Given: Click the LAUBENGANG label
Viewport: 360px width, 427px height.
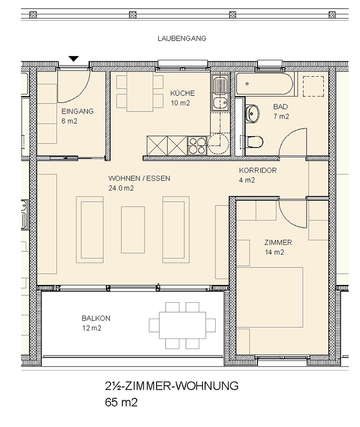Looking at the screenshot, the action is tap(182, 38).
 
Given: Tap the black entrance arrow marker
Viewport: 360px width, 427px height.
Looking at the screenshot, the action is tap(74, 59).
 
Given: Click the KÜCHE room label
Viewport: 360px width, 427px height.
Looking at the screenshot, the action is tap(182, 93).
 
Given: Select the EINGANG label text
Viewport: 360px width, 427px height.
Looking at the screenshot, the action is tap(77, 111).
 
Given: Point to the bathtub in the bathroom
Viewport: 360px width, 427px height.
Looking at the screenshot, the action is tap(264, 84).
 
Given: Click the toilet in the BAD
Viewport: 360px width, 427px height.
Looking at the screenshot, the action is tap(254, 142).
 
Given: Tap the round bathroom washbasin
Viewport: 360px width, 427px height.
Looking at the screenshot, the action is tap(252, 114).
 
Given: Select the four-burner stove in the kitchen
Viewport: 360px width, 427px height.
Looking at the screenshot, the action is tap(197, 146).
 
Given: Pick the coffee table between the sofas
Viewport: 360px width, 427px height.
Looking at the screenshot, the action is tap(132, 230).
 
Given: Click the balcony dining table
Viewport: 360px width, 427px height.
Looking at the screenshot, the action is tap(182, 325).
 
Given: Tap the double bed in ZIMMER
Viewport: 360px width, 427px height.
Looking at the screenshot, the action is tap(270, 297).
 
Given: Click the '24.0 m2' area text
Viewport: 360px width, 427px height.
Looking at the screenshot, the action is tap(121, 188).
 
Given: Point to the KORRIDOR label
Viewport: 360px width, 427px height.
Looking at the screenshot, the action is tap(258, 170).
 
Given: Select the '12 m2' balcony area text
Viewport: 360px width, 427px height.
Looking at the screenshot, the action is tap(91, 328).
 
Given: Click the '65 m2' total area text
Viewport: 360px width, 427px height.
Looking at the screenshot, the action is tap(121, 402).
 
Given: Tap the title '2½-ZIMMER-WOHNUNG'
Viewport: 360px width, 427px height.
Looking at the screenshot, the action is tap(171, 386).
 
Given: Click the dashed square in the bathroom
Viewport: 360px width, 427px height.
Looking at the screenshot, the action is tap(314, 86).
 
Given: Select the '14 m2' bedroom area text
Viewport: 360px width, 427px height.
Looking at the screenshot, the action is tap(274, 252).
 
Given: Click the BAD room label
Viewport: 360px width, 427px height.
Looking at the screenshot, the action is tap(280, 107).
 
